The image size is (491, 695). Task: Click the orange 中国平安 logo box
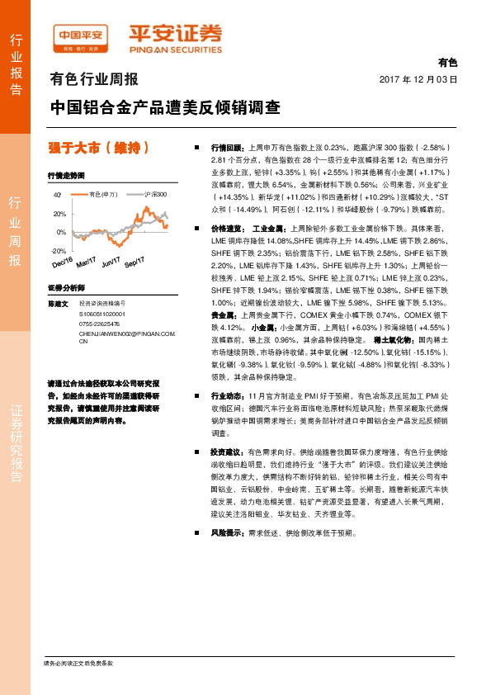[x=81, y=36]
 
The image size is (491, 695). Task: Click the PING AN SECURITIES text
[x=175, y=48]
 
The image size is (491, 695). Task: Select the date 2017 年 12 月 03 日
[x=418, y=79]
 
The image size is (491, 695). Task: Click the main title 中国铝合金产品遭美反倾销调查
[x=164, y=107]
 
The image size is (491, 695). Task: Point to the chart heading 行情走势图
[x=65, y=177]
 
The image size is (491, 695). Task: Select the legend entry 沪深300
[x=155, y=194]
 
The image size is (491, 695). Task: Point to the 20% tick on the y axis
[x=59, y=214]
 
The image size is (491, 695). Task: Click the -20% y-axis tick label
[x=58, y=250]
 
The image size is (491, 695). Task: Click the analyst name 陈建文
[x=59, y=305]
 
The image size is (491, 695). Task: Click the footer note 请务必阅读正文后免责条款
[x=78, y=664]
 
